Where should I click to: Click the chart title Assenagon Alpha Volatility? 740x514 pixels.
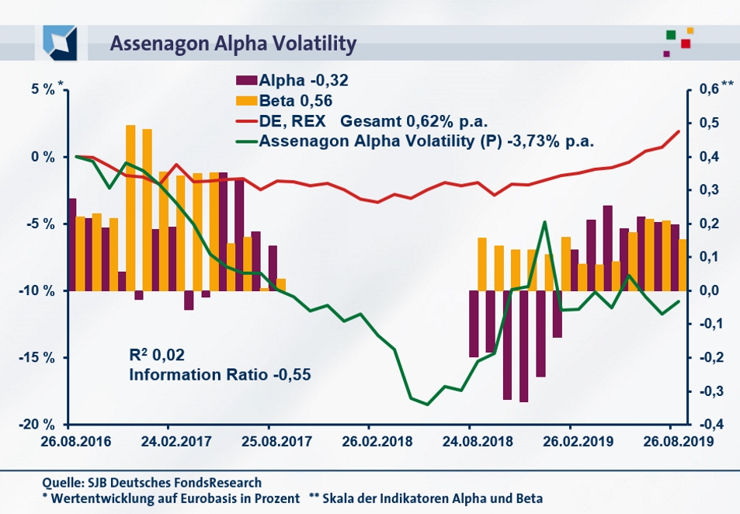[x=233, y=43]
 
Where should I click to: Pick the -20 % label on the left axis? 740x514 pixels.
[x=36, y=425]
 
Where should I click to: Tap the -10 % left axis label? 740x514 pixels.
[x=36, y=290]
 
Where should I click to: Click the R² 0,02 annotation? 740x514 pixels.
[x=158, y=356]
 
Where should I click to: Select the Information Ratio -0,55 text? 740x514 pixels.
[x=220, y=374]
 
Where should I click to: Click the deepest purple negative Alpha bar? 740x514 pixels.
[x=524, y=346]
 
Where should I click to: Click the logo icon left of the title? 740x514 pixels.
[x=60, y=42]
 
